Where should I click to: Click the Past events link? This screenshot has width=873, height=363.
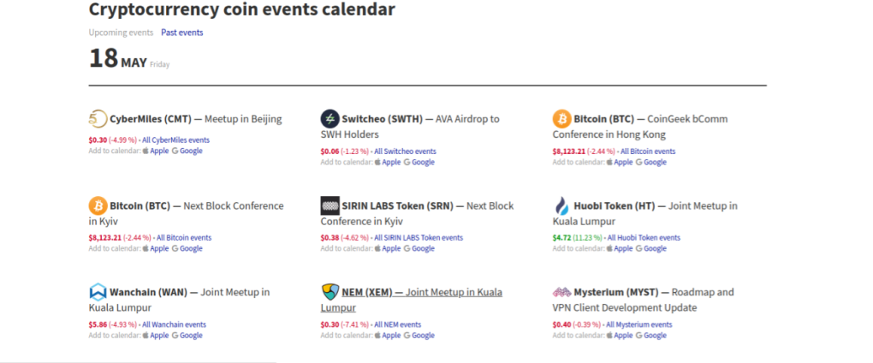point(182,33)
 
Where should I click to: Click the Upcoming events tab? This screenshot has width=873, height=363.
point(121,33)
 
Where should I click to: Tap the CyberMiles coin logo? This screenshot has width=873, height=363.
point(98,119)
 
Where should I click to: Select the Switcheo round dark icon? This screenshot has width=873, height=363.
point(330,119)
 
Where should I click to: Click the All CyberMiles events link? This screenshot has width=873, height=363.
point(176,140)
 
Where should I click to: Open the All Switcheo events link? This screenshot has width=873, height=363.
point(406,152)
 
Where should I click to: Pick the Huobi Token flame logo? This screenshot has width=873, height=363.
point(561,206)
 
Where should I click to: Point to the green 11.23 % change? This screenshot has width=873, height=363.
point(587,238)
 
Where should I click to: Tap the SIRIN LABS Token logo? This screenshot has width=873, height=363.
point(330,205)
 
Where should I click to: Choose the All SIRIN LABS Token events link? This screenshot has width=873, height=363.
point(419,238)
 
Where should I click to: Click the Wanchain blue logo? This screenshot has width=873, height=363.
point(98,292)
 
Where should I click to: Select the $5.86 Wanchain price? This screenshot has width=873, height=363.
point(98,324)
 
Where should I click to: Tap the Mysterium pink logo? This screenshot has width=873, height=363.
point(561,292)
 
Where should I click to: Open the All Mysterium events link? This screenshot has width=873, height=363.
point(639,324)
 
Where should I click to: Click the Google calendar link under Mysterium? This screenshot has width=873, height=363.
point(650,335)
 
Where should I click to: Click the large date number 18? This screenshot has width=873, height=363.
point(104,58)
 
